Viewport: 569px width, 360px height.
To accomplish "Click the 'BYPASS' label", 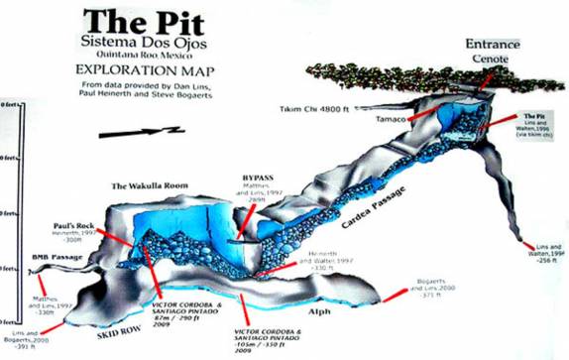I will [257, 179].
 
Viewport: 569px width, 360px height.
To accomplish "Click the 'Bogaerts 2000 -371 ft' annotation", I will [434, 287].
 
